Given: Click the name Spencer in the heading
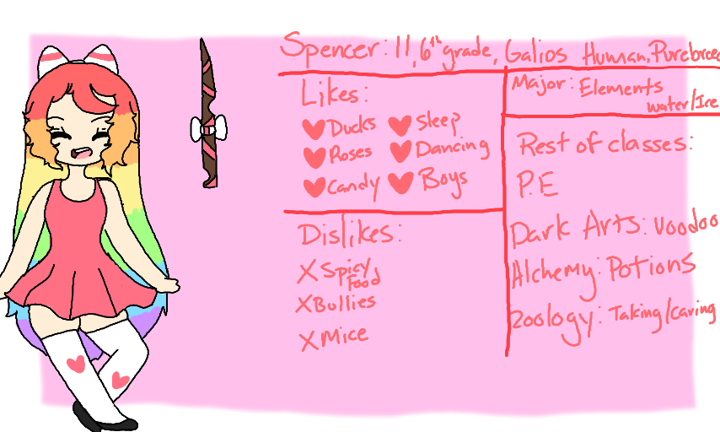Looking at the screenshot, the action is point(331,47).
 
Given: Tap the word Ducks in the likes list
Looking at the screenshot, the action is point(352,127).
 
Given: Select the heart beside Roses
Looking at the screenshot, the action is point(314,156).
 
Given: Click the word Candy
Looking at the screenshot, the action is point(354,184).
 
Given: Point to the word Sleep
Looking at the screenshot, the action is point(438,124).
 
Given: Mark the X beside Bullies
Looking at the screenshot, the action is point(304,305).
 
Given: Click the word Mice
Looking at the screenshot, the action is point(345,336).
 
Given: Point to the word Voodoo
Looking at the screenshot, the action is point(685,227).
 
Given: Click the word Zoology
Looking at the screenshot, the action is point(548,317).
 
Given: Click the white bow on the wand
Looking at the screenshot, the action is point(207,129).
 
